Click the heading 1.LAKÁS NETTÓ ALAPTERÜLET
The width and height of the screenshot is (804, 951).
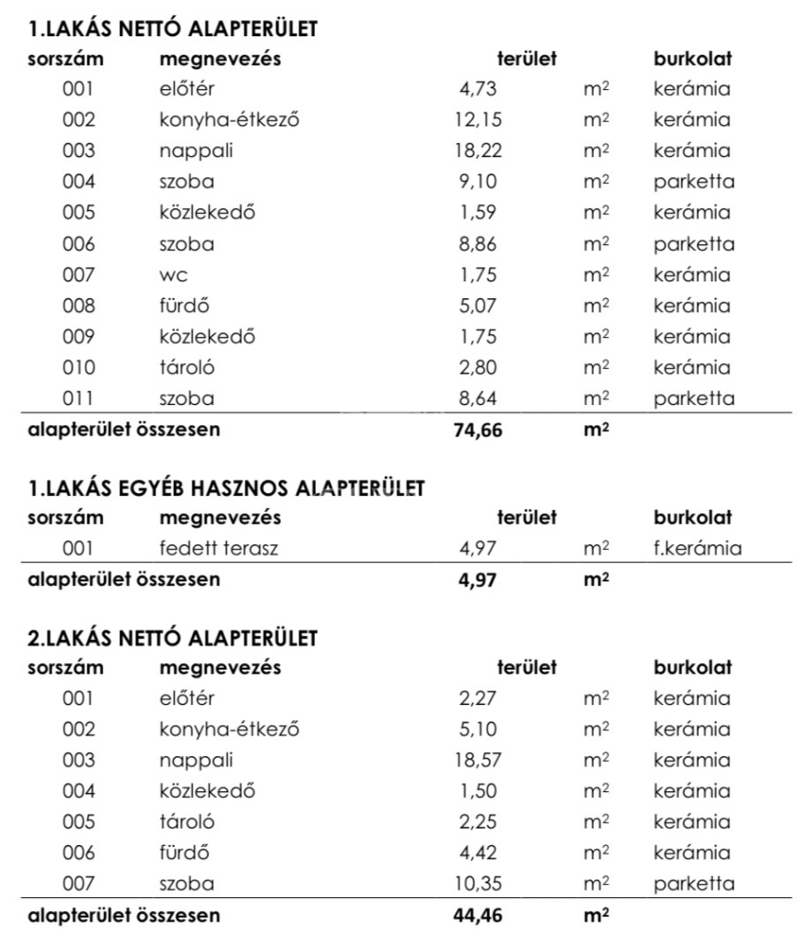pyautogui.click(x=174, y=30)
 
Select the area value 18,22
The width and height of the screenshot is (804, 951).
pyautogui.click(x=481, y=151)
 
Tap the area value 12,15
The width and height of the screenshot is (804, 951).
pyautogui.click(x=481, y=121)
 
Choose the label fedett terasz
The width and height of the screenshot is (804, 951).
pyautogui.click(x=218, y=549)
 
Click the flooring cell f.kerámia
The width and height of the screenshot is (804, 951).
pyautogui.click(x=697, y=549)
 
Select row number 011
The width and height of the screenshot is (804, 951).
pyautogui.click(x=79, y=400)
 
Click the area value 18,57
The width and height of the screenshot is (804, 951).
pyautogui.click(x=481, y=761)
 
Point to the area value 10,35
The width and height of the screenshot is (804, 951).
pyautogui.click(x=481, y=884)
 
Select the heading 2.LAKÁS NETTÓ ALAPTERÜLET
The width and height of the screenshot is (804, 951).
pyautogui.click(x=174, y=638)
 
